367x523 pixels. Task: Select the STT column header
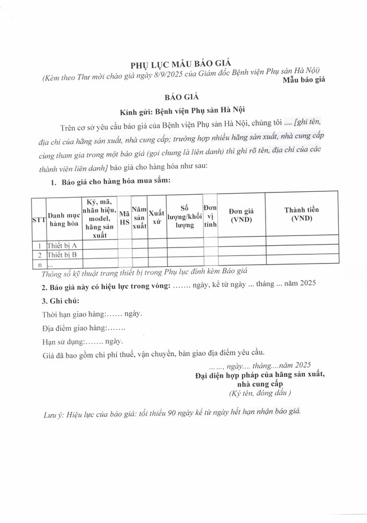tap(38, 220)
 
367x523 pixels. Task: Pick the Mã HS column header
tap(124, 220)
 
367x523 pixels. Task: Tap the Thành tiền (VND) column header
tap(302, 214)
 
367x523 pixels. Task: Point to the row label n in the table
tap(38, 264)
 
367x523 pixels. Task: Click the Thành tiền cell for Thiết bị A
tap(302, 245)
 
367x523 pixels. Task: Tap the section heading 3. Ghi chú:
tap(60, 301)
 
